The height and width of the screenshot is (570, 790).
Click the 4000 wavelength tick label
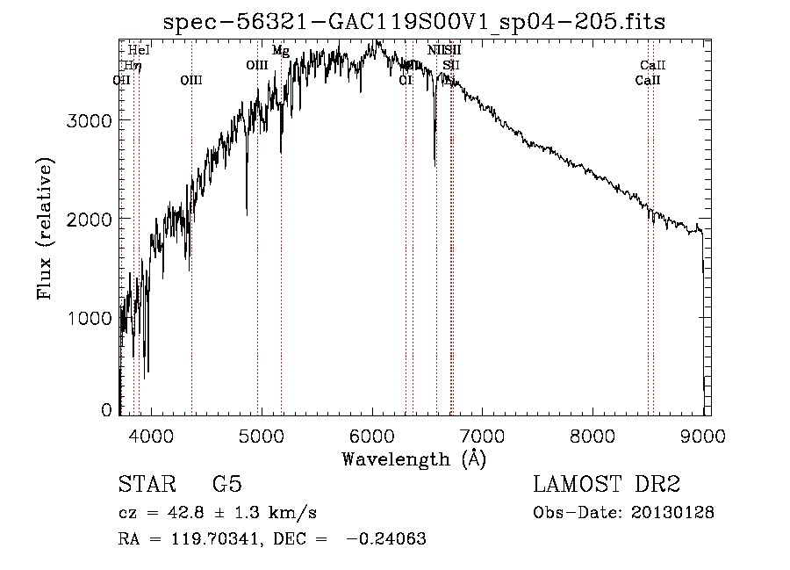[151, 435]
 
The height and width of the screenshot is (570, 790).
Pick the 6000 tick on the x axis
[372, 435]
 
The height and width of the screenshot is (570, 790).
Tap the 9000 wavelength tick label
[704, 435]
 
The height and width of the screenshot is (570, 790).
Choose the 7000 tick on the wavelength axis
[483, 435]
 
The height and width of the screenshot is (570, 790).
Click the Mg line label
[281, 51]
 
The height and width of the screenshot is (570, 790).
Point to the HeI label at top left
[139, 51]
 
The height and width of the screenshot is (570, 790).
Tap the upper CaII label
[653, 65]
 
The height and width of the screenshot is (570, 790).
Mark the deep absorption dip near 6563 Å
[434, 162]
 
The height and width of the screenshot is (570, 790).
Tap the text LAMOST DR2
[607, 485]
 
